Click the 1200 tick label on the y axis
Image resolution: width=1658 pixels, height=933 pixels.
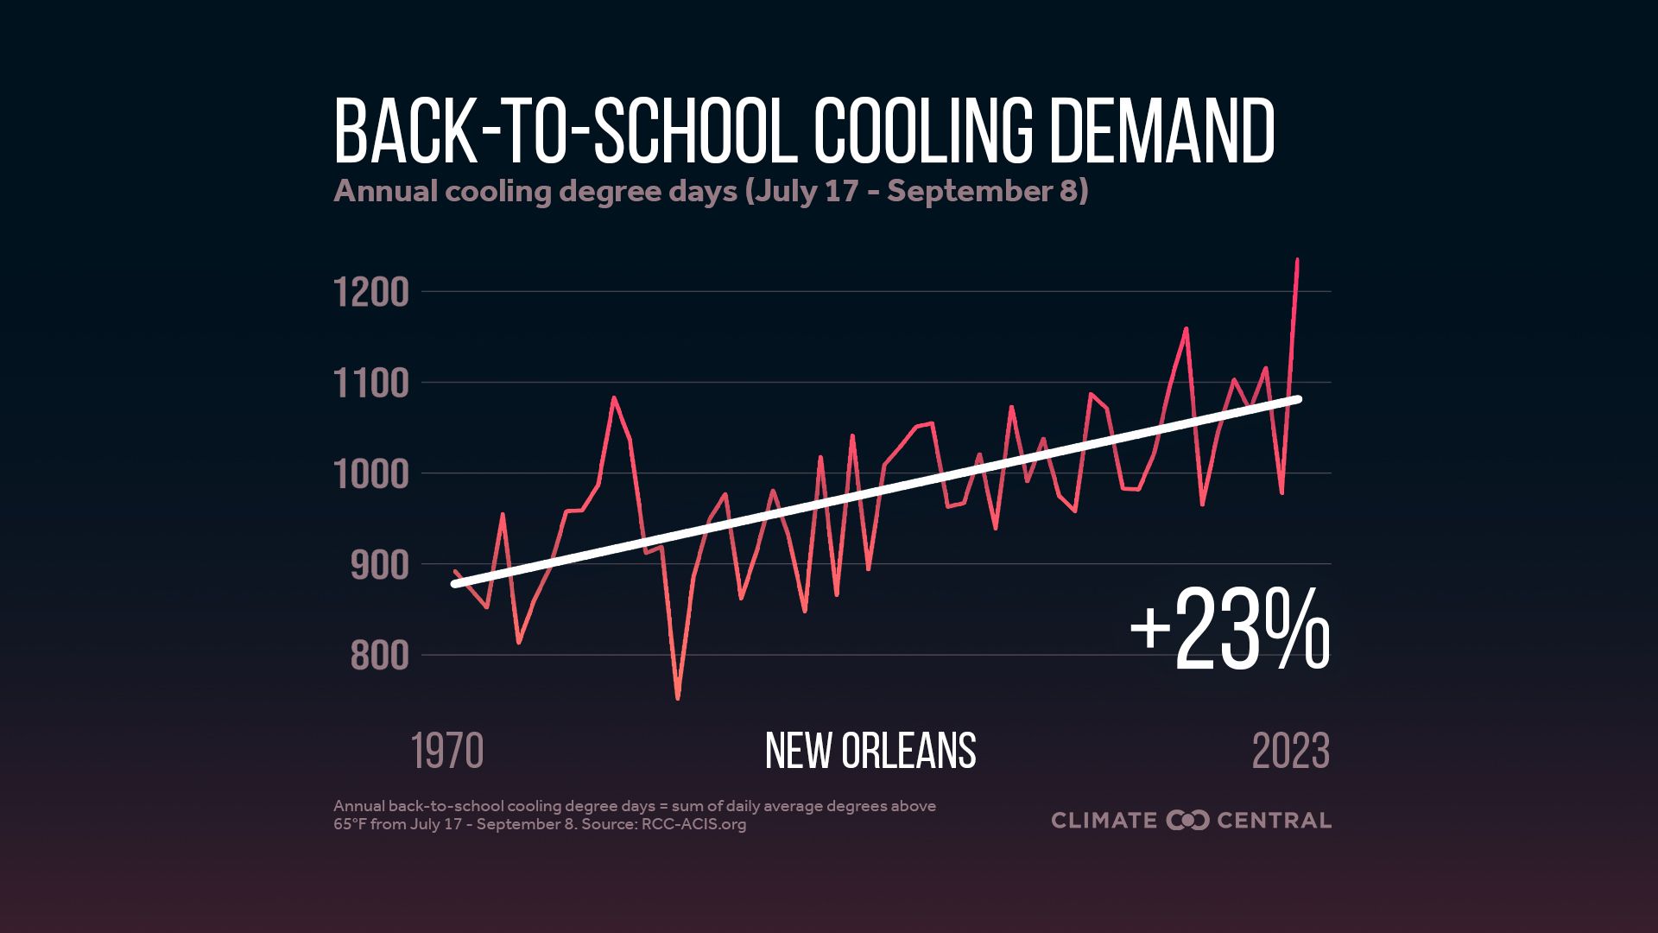[370, 294]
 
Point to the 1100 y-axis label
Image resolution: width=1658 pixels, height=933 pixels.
[370, 384]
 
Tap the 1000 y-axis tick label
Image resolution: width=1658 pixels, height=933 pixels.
[370, 475]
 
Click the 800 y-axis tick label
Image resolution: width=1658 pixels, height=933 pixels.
[379, 657]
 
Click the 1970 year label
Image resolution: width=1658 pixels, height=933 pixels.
[447, 752]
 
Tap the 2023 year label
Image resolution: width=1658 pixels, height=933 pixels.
[1290, 752]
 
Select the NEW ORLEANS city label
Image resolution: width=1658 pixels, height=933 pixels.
[870, 752]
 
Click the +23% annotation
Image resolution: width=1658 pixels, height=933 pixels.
[1230, 631]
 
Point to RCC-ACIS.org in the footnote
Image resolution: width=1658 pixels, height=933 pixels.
[693, 824]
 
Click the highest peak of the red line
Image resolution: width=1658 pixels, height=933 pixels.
[1297, 260]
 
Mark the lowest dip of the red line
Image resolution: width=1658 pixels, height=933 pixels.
[678, 698]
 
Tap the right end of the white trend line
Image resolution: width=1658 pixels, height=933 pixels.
[1298, 398]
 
